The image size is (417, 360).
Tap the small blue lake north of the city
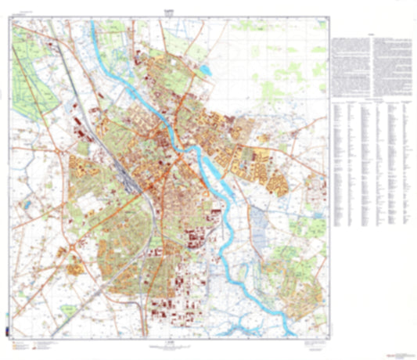[204, 71]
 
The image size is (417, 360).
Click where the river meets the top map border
[94, 23]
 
